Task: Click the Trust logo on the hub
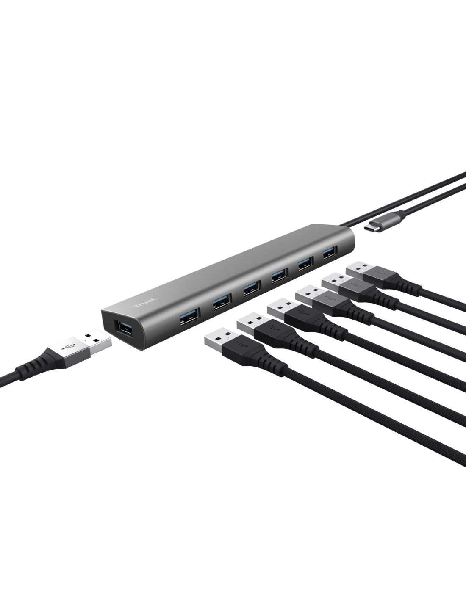pyautogui.click(x=146, y=302)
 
